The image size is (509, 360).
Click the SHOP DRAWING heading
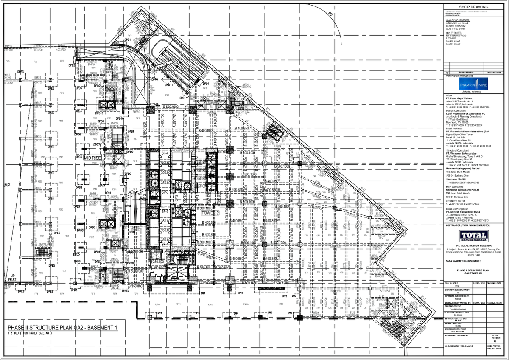pos(473,7)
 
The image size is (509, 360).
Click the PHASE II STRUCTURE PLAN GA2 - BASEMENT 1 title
pos(62,327)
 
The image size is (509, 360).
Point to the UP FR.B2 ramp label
pos(10,278)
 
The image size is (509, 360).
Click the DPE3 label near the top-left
pos(20,72)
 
